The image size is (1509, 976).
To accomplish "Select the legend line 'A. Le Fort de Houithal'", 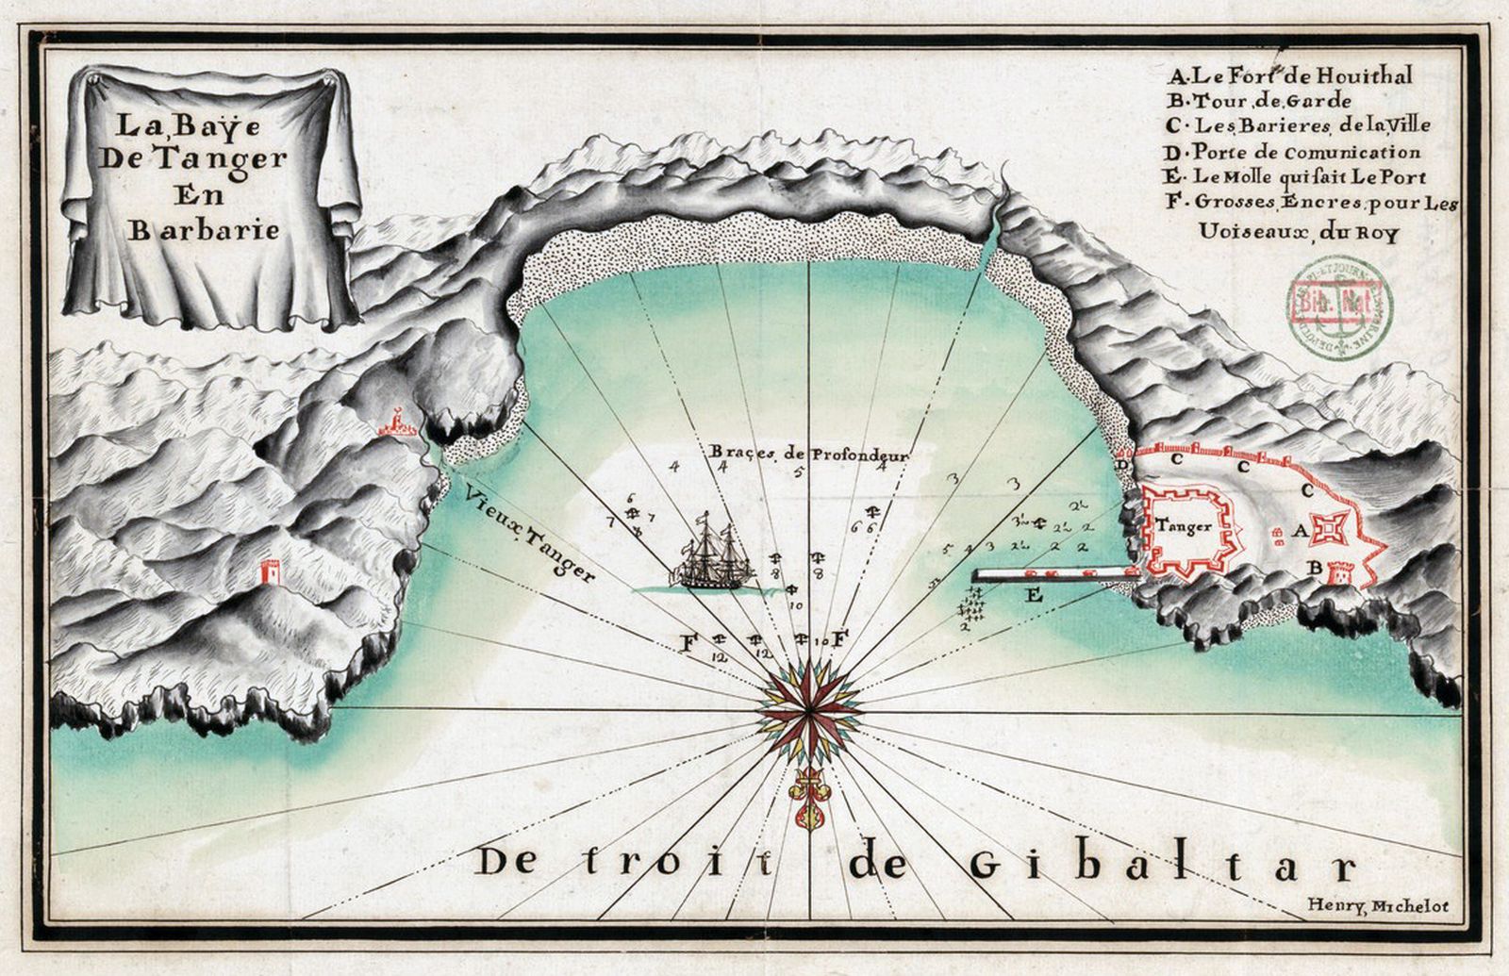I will pyautogui.click(x=1289, y=75).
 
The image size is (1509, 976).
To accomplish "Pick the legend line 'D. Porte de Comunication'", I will pyautogui.click(x=1293, y=151).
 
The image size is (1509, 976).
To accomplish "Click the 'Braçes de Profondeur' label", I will pyautogui.click(x=809, y=454).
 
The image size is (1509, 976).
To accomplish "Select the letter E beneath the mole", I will pyautogui.click(x=1033, y=595).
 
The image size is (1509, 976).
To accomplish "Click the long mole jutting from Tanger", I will pyautogui.click(x=1056, y=573).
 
